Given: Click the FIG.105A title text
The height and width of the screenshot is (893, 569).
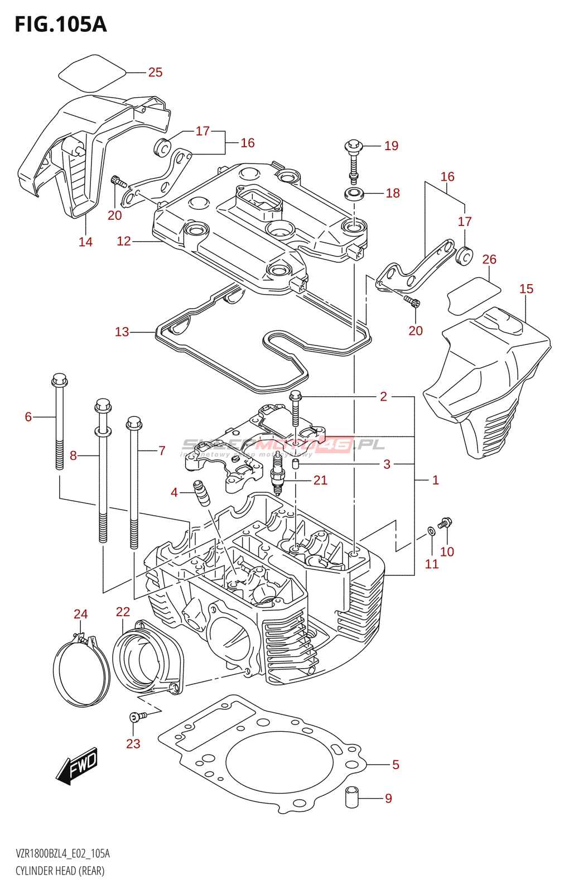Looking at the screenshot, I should [x=60, y=24].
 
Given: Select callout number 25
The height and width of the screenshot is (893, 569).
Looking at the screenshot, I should [x=155, y=73].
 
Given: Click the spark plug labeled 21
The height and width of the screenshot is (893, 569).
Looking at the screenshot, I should [x=278, y=479].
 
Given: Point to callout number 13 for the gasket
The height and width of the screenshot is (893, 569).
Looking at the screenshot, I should [x=122, y=332].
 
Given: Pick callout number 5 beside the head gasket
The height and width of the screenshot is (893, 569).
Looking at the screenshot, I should [x=396, y=765].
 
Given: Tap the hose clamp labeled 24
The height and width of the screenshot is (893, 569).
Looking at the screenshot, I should [x=81, y=670].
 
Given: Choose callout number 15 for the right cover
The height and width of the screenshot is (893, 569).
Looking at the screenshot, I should [x=526, y=289].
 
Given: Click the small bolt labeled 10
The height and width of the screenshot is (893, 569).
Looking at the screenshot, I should [x=445, y=523].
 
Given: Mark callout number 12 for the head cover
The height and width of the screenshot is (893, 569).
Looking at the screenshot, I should [x=123, y=241].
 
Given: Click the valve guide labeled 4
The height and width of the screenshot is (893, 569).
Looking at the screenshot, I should [x=201, y=492].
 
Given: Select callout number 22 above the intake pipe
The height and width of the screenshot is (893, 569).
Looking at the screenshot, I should [x=123, y=612].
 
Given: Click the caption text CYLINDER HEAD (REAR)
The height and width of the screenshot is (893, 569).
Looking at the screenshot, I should [x=60, y=871].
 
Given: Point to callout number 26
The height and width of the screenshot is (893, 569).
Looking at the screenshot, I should [x=489, y=260].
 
